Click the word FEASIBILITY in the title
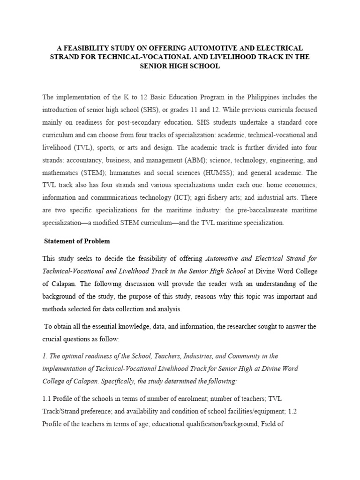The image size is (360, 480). tap(85, 48)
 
